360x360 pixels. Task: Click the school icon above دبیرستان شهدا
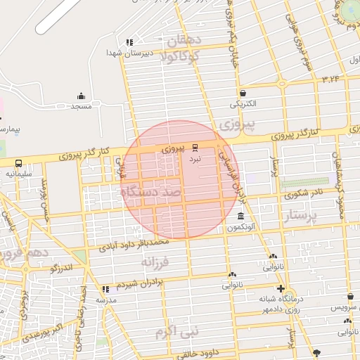129,42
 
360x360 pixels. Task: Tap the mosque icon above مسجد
81,96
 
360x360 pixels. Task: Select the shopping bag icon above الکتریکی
243,93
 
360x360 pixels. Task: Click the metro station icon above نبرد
195,148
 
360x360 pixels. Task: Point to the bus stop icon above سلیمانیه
18,162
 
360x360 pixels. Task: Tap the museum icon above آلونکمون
240,217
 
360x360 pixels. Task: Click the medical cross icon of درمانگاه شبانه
281,288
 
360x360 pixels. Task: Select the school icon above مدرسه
105,289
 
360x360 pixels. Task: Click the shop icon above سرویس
349,297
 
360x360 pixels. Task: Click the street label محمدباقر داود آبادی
134,244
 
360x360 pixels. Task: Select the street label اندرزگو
64,268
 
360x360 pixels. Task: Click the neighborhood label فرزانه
156,263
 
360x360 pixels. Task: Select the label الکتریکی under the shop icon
243,104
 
